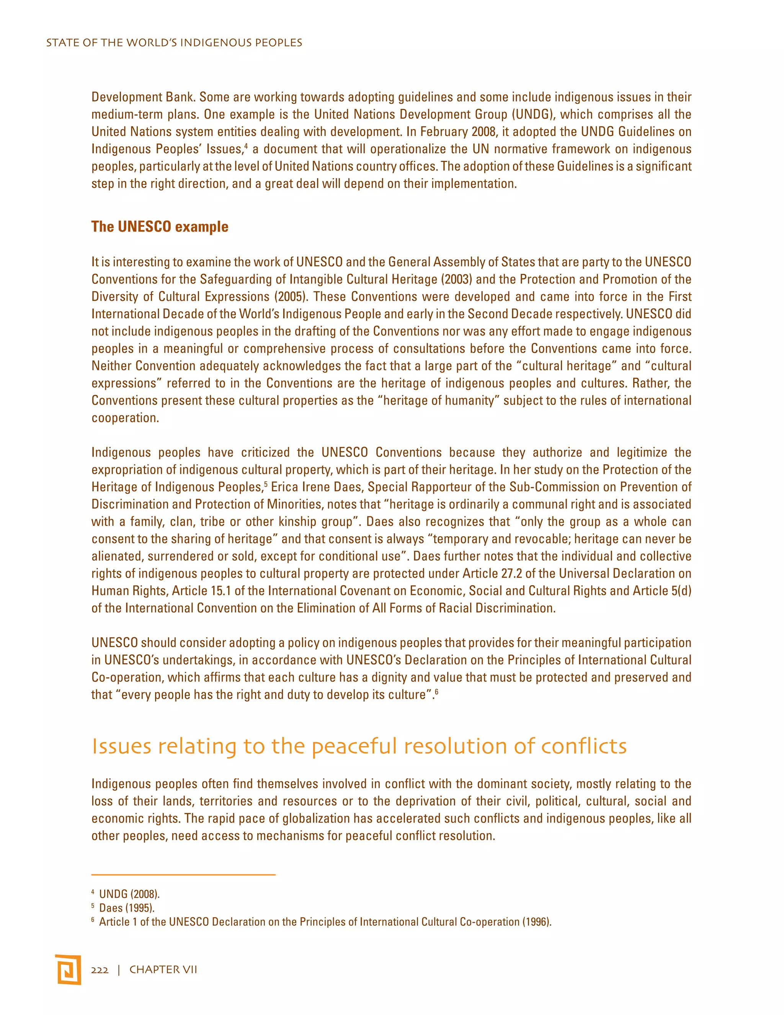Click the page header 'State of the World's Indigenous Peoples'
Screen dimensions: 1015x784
tap(174, 43)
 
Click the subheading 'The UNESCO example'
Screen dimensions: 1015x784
tap(160, 227)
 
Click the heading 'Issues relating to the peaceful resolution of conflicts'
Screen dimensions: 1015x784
tap(359, 747)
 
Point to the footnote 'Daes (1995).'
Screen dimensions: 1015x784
tap(126, 908)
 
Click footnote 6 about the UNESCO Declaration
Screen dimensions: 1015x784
tap(325, 922)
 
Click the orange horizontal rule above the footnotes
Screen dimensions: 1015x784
tap(183, 875)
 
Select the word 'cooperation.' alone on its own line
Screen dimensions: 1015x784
tap(125, 418)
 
